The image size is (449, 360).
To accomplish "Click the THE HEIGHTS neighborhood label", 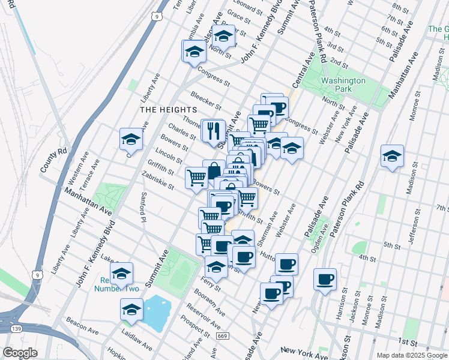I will tap(168, 110).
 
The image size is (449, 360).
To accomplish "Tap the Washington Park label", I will tap(343, 85).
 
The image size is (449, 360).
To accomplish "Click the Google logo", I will tap(20, 352).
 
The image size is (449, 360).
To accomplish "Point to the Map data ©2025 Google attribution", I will tap(412, 355).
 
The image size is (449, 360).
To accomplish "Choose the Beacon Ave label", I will tap(82, 326).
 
